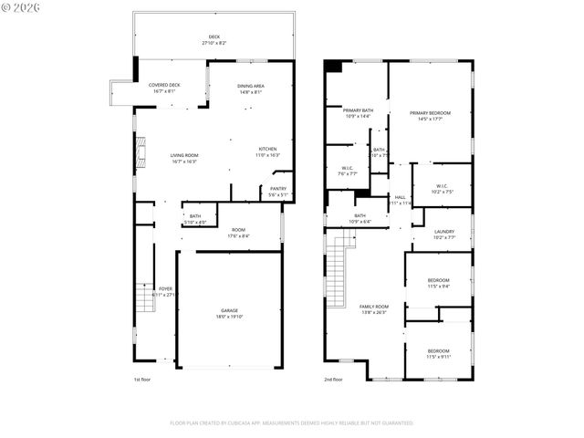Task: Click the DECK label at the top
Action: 214,37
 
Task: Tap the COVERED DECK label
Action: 164,85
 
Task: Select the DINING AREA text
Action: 251,85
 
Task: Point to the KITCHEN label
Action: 267,149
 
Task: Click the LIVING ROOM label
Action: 184,155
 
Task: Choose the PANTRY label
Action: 278,188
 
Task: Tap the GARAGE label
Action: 229,310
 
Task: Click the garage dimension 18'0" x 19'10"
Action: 229,317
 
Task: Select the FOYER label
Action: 165,288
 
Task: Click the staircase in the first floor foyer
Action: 142,297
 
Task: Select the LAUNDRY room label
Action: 444,232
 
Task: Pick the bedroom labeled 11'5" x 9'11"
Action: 438,353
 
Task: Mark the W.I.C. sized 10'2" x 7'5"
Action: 443,188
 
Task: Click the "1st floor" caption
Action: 142,379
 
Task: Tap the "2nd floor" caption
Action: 333,379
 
